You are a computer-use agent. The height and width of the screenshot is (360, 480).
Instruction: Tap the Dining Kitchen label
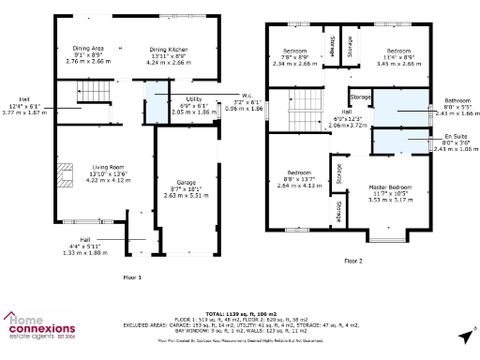(170, 47)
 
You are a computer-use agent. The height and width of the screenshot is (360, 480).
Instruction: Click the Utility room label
(194, 98)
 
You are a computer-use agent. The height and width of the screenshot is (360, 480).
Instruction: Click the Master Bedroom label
(388, 187)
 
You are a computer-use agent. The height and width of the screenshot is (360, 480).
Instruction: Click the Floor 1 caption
(132, 277)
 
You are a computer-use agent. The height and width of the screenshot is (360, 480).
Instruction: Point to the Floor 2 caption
(352, 260)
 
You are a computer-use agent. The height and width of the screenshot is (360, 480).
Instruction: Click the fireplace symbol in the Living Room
(64, 174)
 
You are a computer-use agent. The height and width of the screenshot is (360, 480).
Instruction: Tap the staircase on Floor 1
(91, 92)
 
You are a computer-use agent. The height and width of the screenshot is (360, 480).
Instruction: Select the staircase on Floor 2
(303, 116)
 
